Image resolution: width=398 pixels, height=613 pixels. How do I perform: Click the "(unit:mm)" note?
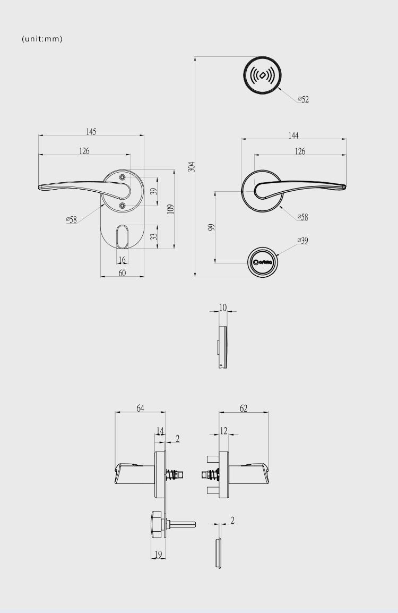pos(42,39)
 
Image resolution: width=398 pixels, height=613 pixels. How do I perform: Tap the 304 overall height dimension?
pos(192,167)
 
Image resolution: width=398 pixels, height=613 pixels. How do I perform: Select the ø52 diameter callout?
pos(304,99)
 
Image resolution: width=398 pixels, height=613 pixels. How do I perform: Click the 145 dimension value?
pos(91,132)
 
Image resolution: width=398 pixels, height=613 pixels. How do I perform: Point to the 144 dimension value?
pos(293,135)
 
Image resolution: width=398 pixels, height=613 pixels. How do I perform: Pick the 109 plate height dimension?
pos(170,209)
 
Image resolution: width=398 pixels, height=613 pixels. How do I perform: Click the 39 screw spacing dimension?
pos(154,192)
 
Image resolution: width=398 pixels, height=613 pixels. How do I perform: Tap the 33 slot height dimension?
pos(154,236)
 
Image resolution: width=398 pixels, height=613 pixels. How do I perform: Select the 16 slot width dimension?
pos(122,260)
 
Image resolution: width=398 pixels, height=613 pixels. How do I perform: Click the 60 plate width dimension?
pos(122,273)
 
